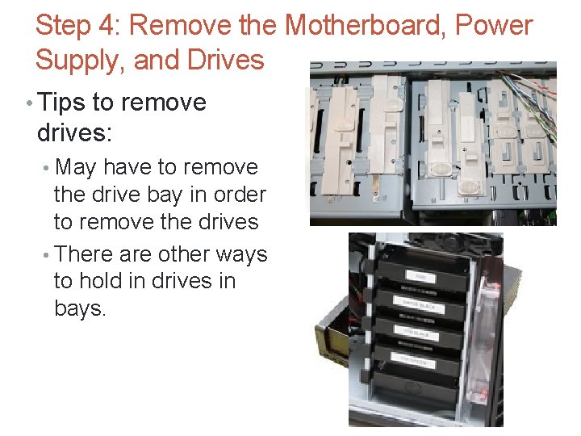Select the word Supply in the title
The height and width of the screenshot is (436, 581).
point(82,61)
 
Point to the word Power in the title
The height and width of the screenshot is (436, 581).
point(495,26)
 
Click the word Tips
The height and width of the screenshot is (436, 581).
point(63,103)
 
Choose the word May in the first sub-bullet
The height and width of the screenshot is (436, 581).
point(75,167)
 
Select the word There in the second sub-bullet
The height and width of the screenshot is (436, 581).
point(85,254)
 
